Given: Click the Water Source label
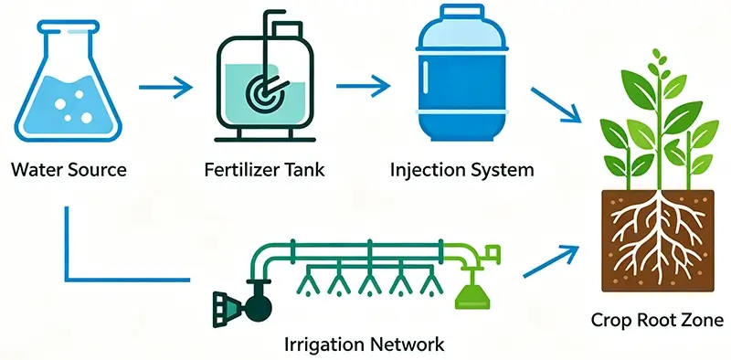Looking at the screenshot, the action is (x=69, y=169).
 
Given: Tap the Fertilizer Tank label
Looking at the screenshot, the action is (x=264, y=169).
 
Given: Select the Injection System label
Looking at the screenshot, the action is (x=462, y=170).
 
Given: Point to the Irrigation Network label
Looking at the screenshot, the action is (x=364, y=345).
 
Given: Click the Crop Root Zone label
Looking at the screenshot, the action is (x=657, y=321).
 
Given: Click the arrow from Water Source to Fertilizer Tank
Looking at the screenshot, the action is (x=165, y=87).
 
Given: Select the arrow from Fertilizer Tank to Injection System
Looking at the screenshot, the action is (x=363, y=86).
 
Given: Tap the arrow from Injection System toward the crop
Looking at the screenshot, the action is (x=556, y=105).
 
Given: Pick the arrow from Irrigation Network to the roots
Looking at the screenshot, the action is (x=551, y=261).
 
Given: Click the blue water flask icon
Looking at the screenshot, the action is (x=68, y=80).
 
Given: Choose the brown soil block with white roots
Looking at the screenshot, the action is (x=658, y=241).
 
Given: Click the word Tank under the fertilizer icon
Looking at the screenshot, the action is (x=302, y=169).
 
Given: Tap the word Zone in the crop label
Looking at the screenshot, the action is (x=704, y=321).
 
